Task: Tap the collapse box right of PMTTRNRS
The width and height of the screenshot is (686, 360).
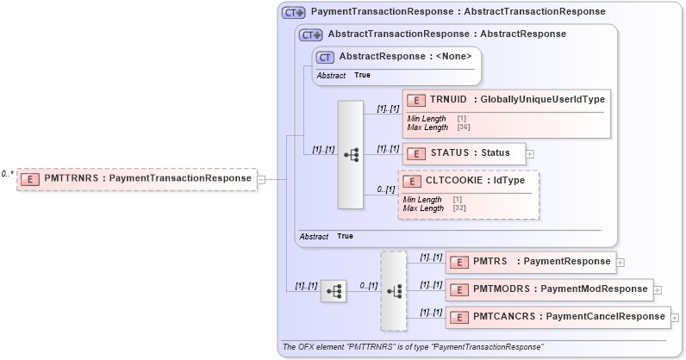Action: [261, 179]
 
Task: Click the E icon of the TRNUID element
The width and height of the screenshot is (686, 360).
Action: [417, 101]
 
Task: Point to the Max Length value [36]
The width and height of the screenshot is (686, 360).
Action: [462, 127]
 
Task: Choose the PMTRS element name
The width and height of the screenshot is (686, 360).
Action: [490, 261]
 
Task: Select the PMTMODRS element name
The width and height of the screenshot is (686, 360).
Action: [501, 289]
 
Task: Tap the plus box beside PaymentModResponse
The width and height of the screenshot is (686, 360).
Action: [658, 289]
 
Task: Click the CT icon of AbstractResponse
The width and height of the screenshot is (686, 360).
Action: [325, 58]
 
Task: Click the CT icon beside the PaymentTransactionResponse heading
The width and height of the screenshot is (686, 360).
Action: [294, 13]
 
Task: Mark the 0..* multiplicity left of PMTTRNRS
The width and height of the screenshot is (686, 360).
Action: [7, 174]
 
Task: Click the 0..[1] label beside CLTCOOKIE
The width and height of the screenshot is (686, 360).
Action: [385, 189]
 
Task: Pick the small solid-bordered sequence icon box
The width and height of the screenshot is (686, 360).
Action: [334, 291]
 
